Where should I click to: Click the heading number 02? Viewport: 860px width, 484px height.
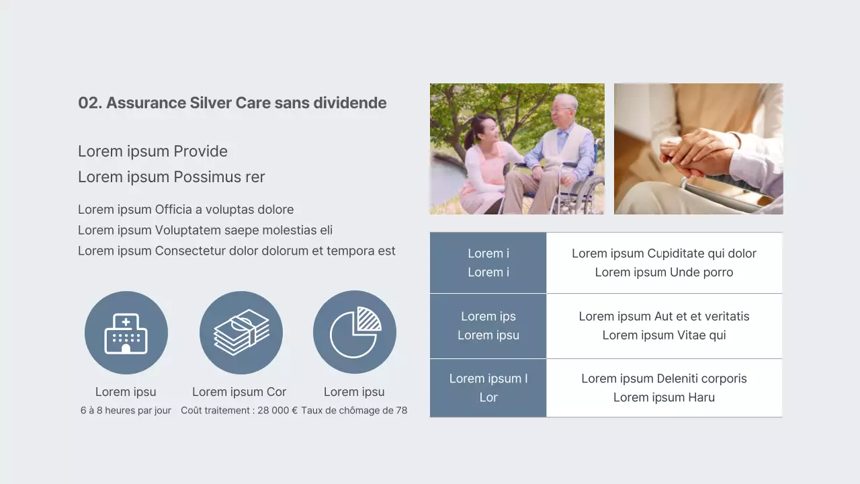(x=89, y=103)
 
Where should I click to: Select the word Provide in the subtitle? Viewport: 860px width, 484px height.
(x=200, y=151)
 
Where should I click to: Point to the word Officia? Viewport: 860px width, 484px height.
(x=173, y=210)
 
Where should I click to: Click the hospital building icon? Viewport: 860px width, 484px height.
(x=126, y=333)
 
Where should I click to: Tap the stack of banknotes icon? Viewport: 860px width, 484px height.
(x=241, y=333)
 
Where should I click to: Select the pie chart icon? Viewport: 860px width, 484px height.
(x=355, y=332)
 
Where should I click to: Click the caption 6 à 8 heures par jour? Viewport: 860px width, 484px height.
(x=126, y=411)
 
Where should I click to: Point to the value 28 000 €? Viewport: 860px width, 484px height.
(x=277, y=411)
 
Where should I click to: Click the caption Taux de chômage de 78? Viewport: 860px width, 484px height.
(x=354, y=411)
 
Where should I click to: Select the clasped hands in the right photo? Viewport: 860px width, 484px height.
(x=692, y=151)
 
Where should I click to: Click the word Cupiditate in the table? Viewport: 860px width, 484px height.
(x=678, y=253)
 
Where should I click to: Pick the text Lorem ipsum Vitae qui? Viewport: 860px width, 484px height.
(x=664, y=335)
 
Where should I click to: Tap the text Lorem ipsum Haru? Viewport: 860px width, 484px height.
(x=664, y=397)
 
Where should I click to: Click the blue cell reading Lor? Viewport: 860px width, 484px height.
(x=488, y=397)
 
